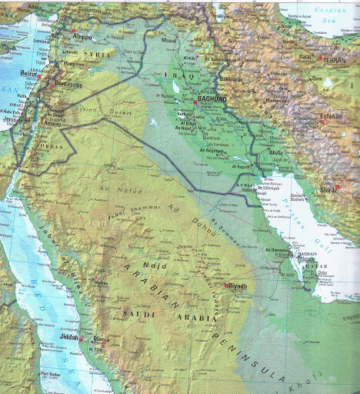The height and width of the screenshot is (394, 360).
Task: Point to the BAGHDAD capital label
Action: point(212,99)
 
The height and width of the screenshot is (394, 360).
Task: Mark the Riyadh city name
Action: point(238,287)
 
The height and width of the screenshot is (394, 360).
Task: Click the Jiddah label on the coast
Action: point(69,337)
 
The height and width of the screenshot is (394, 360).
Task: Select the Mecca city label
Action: point(101,339)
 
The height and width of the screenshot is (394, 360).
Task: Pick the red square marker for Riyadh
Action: point(226,285)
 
